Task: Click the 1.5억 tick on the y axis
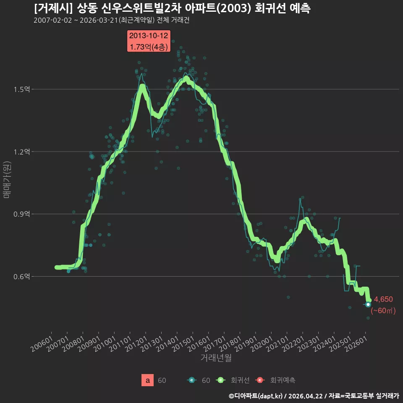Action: pos(22,89)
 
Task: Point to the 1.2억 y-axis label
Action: pos(22,152)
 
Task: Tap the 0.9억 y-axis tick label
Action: pos(22,214)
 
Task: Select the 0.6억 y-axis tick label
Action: pos(22,276)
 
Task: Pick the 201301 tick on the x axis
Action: pos(152,344)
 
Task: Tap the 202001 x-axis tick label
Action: pos(262,344)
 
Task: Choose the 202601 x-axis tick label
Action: pos(356,344)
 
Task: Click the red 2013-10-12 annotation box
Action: pos(149,41)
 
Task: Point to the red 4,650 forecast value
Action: pos(383,299)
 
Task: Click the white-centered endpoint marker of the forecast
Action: pos(368,305)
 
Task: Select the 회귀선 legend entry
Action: pos(233,380)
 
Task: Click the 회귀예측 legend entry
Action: pos(275,380)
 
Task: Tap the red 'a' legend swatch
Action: pos(147,380)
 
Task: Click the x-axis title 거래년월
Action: pos(216,358)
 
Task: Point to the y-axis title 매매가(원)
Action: pos(7,180)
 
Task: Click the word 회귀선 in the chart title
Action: pos(270,8)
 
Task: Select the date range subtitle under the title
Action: pos(112,20)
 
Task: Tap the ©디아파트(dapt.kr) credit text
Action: pos(256,396)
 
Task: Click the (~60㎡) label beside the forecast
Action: pos(383,311)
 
